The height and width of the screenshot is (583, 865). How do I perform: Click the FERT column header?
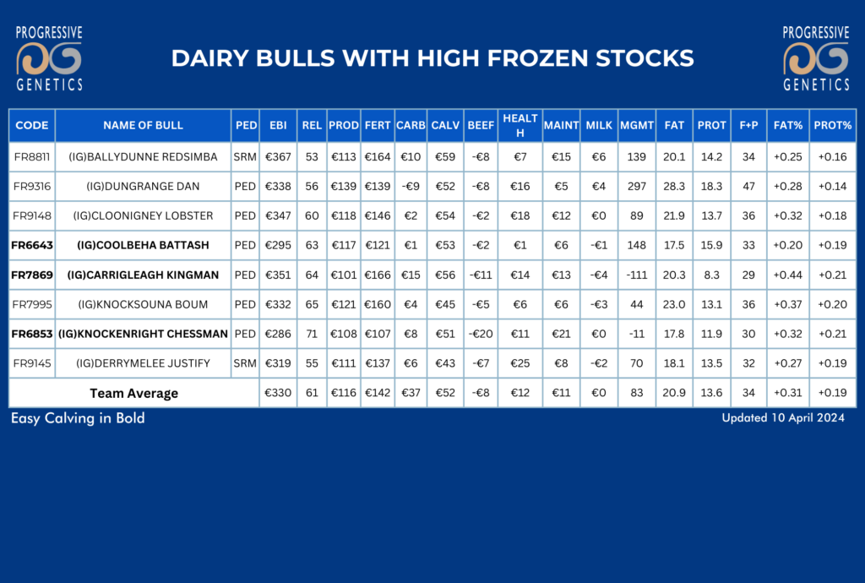pyautogui.click(x=378, y=125)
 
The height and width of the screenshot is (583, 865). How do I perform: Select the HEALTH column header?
pyautogui.click(x=520, y=125)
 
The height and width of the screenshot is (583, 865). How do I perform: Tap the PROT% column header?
pyautogui.click(x=832, y=125)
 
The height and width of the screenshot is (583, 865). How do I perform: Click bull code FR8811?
pyautogui.click(x=32, y=156)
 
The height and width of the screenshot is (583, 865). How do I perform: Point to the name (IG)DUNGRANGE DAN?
pyautogui.click(x=143, y=187)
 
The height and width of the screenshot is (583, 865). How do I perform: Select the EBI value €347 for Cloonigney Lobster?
pyautogui.click(x=278, y=215)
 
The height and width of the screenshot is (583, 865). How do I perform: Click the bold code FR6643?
pyautogui.click(x=32, y=245)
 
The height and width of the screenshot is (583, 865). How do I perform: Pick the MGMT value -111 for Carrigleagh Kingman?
pyautogui.click(x=637, y=275)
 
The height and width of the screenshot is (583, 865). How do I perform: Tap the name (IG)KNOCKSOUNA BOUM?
pyautogui.click(x=143, y=304)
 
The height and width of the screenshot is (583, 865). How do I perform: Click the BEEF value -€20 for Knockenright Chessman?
pyautogui.click(x=481, y=334)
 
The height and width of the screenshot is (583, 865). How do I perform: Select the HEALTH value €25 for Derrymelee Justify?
pyautogui.click(x=520, y=363)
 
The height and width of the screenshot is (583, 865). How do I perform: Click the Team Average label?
pyautogui.click(x=134, y=393)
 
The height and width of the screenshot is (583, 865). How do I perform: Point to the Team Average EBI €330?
pyautogui.click(x=278, y=393)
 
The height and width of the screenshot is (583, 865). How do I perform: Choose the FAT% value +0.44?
pyautogui.click(x=788, y=275)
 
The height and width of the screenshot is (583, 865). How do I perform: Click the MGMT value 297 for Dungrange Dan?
pyautogui.click(x=637, y=187)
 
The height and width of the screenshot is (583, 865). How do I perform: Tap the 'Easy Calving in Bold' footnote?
pyautogui.click(x=78, y=418)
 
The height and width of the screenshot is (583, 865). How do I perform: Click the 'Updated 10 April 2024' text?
pyautogui.click(x=783, y=417)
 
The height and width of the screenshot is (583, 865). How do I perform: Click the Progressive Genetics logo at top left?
pyautogui.click(x=49, y=58)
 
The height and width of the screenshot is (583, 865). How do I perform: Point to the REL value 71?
pyautogui.click(x=312, y=334)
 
